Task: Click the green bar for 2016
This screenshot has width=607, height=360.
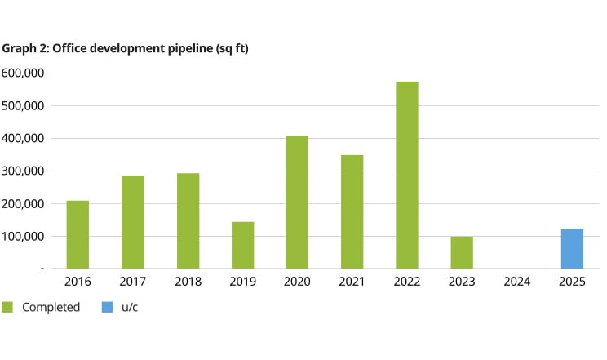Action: pos(78,234)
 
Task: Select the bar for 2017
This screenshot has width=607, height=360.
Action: pos(132,222)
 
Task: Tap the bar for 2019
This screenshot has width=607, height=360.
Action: pos(242,245)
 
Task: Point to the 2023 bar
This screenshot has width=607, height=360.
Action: pos(462,252)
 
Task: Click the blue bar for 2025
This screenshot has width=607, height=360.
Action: pos(572,248)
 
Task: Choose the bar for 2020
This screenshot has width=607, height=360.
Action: pos(297,202)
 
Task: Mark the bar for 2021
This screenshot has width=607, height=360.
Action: pos(352,211)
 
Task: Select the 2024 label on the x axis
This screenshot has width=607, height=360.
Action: pos(517,282)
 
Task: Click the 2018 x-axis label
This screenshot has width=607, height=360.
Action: pos(187,282)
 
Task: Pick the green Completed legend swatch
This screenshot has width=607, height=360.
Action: pos(8,307)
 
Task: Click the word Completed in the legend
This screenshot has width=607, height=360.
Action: pos(51,308)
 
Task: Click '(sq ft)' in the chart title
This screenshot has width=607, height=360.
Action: pos(229,48)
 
